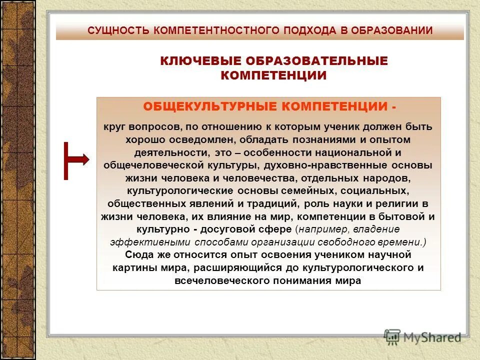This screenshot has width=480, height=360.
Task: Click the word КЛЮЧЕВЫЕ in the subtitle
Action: [x=199, y=61]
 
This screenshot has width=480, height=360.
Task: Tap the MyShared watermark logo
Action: [x=422, y=337]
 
